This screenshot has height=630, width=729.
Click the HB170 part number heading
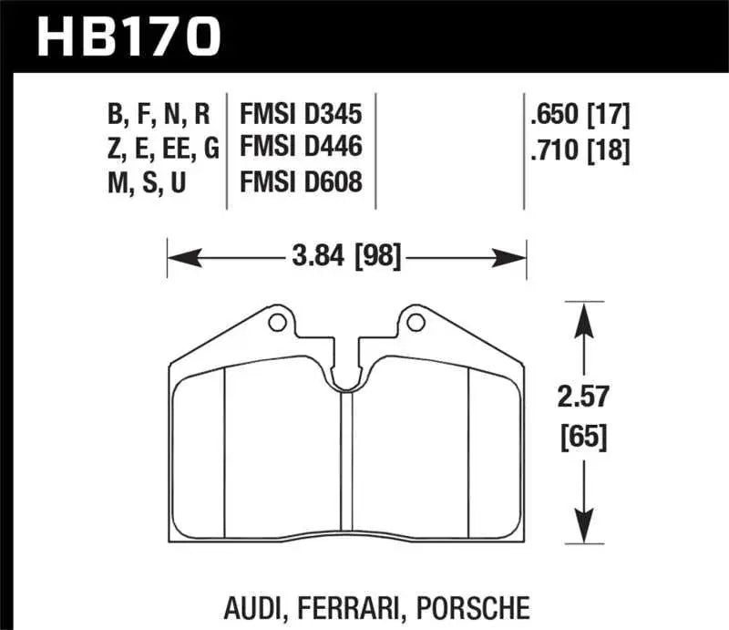pos(128,36)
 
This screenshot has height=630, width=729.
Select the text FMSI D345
pos(301,115)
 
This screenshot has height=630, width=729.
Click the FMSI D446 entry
pos(301,149)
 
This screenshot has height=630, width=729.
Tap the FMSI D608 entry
pos(301,182)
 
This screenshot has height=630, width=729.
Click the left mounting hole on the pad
pos(277,322)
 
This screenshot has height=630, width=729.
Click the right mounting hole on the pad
pos(416,322)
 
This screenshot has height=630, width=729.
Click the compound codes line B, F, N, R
pos(159,115)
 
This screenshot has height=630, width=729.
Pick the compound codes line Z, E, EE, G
pos(159,149)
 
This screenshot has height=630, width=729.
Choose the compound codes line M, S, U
pos(146,182)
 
